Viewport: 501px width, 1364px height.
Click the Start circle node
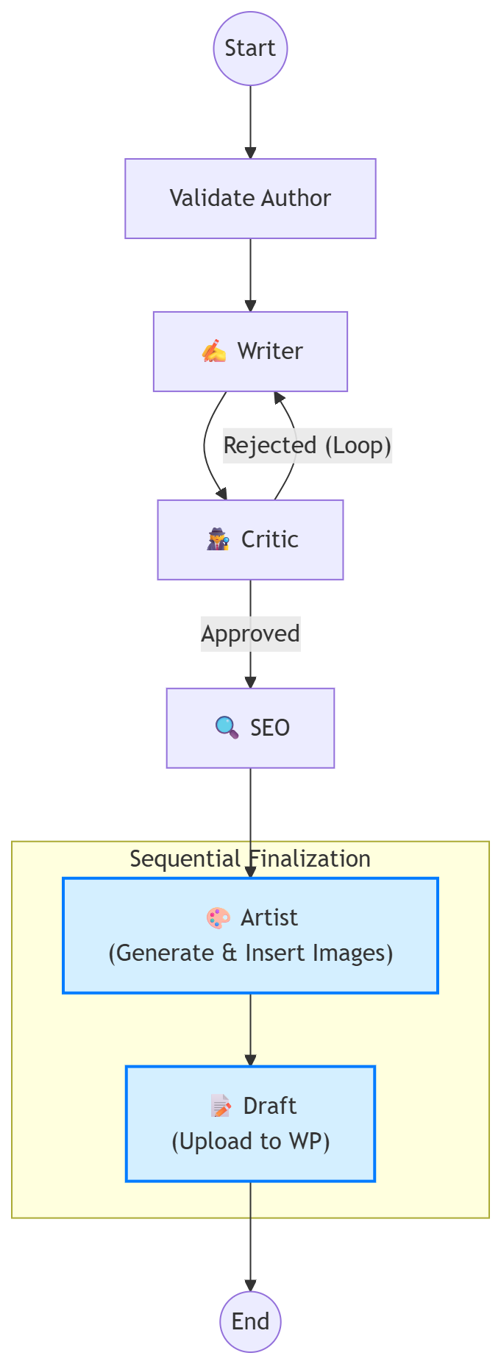tap(250, 49)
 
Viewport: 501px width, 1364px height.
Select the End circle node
tap(250, 1321)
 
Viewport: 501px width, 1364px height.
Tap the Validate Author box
tap(250, 198)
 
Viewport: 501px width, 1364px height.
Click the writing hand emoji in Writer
tap(213, 351)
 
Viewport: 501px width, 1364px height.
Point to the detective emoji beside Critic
tap(218, 539)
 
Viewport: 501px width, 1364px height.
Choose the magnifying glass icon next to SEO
tap(227, 728)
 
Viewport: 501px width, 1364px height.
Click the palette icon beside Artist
tap(218, 917)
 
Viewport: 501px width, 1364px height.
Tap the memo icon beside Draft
tap(221, 1106)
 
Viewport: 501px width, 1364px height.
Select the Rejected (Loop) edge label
tap(307, 445)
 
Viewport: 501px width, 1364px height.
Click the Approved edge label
tap(250, 633)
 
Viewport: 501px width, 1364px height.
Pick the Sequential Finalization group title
tap(250, 859)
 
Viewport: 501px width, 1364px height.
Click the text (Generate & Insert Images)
tap(250, 953)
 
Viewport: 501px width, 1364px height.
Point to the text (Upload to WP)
tap(250, 1141)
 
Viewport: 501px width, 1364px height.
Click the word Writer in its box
tap(269, 351)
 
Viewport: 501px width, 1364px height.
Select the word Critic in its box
tap(269, 539)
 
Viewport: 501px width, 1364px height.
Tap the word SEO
tap(269, 728)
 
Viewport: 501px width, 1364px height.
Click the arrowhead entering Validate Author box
tap(250, 153)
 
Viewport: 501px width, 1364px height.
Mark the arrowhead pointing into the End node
tap(250, 1285)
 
